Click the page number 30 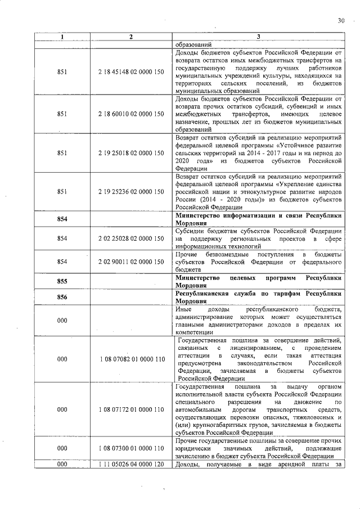341,21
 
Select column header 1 62,37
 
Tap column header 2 130,37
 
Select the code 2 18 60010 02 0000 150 130,114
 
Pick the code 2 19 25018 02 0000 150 130,152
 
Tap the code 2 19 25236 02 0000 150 130,191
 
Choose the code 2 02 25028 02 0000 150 130,238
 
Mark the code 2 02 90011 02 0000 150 130,262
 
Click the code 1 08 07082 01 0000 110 130,359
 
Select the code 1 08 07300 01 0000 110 130,448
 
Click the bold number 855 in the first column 62,281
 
